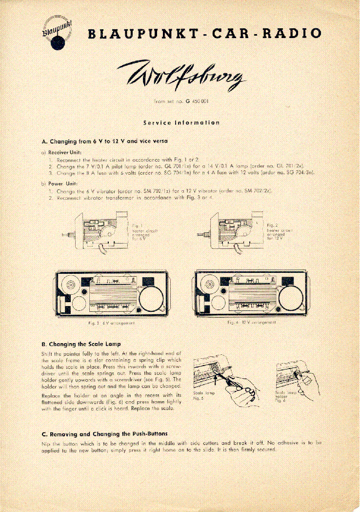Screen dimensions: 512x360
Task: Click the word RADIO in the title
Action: point(293,34)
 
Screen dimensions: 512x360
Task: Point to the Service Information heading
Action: point(181,123)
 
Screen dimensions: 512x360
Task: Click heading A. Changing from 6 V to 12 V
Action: point(105,142)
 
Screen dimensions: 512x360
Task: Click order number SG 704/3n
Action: point(297,173)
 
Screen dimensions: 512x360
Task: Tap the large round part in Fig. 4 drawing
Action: point(292,294)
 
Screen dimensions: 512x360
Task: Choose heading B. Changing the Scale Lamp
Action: point(81,344)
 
